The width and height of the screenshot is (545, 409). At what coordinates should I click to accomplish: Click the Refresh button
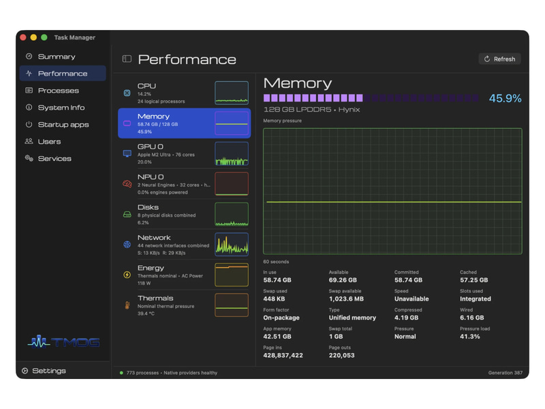[499, 59]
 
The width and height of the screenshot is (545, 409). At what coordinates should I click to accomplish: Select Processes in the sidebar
[58, 91]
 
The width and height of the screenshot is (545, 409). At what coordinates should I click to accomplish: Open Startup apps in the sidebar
[63, 125]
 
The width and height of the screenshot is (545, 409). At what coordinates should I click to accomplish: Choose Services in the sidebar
[54, 159]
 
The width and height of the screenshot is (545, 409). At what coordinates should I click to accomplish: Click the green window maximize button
[44, 37]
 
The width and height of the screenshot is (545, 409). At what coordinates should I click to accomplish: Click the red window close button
[23, 37]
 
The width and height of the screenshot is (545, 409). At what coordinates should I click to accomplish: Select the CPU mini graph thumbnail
[232, 93]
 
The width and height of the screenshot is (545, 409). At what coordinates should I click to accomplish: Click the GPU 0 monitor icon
[127, 153]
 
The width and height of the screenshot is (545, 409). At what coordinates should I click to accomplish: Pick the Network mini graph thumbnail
[232, 244]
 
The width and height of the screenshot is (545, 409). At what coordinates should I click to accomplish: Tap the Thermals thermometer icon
[127, 305]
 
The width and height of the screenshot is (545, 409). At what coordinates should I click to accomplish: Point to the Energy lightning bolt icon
[127, 275]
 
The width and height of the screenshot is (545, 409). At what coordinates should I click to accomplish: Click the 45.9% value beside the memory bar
[505, 98]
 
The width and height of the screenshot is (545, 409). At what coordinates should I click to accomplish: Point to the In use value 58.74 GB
[277, 280]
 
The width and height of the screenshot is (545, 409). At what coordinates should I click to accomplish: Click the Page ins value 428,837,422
[283, 355]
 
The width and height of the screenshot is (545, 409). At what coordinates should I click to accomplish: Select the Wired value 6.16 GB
[471, 318]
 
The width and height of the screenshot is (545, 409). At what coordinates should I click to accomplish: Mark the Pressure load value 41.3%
[469, 336]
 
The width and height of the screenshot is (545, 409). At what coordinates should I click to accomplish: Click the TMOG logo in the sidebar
[64, 342]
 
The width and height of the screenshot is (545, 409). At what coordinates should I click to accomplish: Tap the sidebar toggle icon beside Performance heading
[127, 59]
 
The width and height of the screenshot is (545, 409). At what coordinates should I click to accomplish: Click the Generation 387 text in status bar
[505, 373]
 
